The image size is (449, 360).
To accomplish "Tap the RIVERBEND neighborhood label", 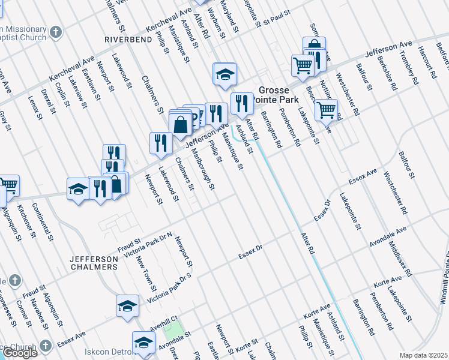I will [x=128, y=39].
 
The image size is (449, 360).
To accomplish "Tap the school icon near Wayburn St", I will [x=225, y=74].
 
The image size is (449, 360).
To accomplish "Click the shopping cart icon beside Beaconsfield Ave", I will [x=326, y=110].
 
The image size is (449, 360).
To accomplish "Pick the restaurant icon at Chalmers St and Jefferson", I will [x=160, y=142].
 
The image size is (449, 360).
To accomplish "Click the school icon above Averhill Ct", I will [x=127, y=306].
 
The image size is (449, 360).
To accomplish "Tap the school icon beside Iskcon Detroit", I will [x=143, y=343].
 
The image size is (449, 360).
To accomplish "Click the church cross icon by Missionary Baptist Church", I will [x=55, y=31].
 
